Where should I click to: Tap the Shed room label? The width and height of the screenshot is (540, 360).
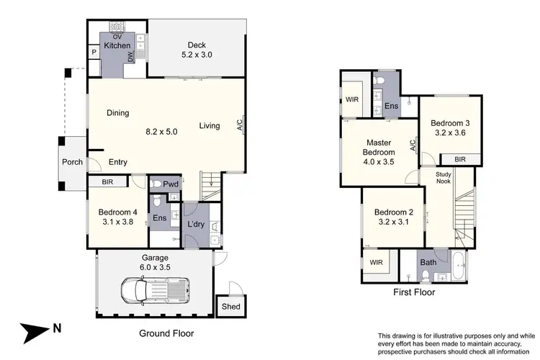click(x=231, y=306)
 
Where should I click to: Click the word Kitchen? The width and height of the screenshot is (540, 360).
click(x=117, y=45)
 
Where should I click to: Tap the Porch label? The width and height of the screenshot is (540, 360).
click(x=71, y=162)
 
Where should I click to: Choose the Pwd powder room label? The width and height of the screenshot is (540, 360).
click(x=171, y=184)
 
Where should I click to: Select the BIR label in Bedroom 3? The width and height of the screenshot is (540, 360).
click(x=458, y=160)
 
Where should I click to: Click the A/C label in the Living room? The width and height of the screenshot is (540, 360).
click(x=239, y=126)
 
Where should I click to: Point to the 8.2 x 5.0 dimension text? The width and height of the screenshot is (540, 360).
click(x=161, y=132)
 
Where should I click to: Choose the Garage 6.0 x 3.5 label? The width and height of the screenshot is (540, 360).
click(x=155, y=262)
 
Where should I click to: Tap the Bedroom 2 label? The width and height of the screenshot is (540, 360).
click(x=393, y=217)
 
